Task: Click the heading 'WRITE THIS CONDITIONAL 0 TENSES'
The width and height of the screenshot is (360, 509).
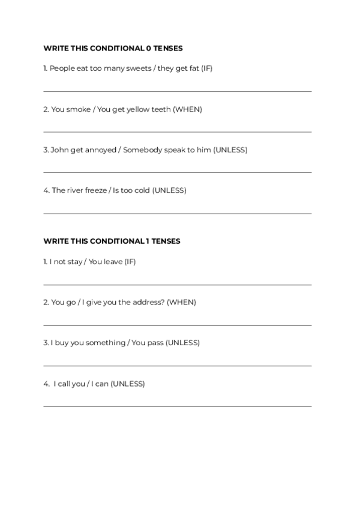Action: pyautogui.click(x=113, y=48)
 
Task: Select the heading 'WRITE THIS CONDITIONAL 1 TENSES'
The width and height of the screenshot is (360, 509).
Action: pyautogui.click(x=112, y=241)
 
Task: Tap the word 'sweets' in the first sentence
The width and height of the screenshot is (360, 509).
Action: pyautogui.click(x=140, y=68)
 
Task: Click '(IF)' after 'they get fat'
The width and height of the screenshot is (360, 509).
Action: pyautogui.click(x=206, y=68)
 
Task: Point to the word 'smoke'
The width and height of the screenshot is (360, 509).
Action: pyautogui.click(x=79, y=109)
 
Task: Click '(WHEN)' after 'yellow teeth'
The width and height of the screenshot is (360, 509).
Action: pyautogui.click(x=187, y=109)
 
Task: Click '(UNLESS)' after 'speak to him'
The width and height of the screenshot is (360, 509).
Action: pyautogui.click(x=230, y=149)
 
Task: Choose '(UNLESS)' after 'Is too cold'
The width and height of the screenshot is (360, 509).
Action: pyautogui.click(x=169, y=190)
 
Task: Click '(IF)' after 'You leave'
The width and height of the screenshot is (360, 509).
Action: pyautogui.click(x=130, y=262)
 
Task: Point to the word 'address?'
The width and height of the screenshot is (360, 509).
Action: pyautogui.click(x=148, y=302)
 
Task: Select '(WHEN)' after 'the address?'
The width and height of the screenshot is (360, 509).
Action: pyautogui.click(x=181, y=302)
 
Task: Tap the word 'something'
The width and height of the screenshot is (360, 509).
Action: pyautogui.click(x=105, y=343)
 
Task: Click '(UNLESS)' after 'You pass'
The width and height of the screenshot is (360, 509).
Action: pyautogui.click(x=182, y=343)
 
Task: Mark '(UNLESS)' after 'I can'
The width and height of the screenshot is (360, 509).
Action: pyautogui.click(x=128, y=384)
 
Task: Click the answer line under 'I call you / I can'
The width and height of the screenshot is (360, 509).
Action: pyautogui.click(x=178, y=406)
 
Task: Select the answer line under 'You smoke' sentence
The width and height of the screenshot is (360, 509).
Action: pyautogui.click(x=178, y=132)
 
